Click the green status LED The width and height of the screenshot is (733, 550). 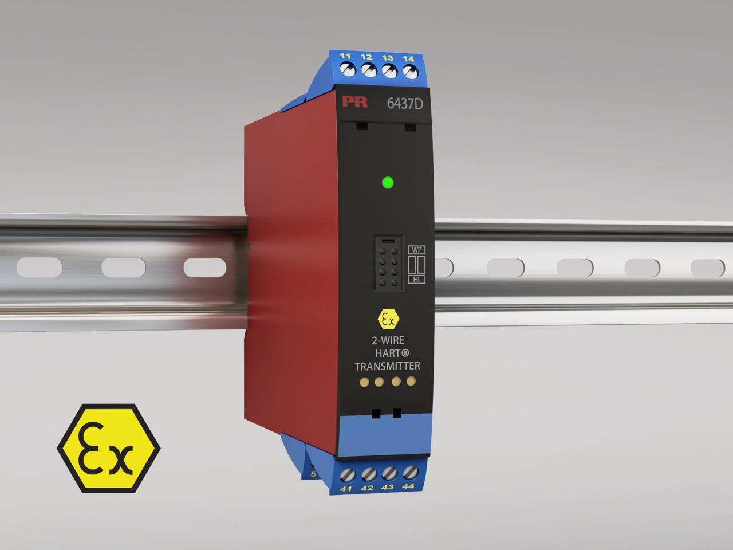388,183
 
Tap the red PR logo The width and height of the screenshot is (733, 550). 355,102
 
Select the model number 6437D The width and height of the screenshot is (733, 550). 405,104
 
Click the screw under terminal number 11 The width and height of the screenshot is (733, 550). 348,69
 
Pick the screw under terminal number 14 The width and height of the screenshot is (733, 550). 409,72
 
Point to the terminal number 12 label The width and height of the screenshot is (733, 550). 366,57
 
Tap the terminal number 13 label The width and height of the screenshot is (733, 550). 388,57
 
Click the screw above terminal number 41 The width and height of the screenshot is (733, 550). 348,475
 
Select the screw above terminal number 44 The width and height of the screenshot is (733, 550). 409,472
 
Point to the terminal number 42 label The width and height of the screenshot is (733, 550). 367,488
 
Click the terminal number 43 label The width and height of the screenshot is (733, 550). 388,487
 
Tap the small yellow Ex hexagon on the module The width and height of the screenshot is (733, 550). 388,319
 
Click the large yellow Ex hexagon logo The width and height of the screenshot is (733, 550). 108,448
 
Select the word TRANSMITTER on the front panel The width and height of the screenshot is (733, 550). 387,366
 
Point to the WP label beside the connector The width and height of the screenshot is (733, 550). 416,250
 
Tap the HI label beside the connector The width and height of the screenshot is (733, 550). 416,279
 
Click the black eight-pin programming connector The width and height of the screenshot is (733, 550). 388,264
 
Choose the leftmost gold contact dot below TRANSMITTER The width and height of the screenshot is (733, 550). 364,382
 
